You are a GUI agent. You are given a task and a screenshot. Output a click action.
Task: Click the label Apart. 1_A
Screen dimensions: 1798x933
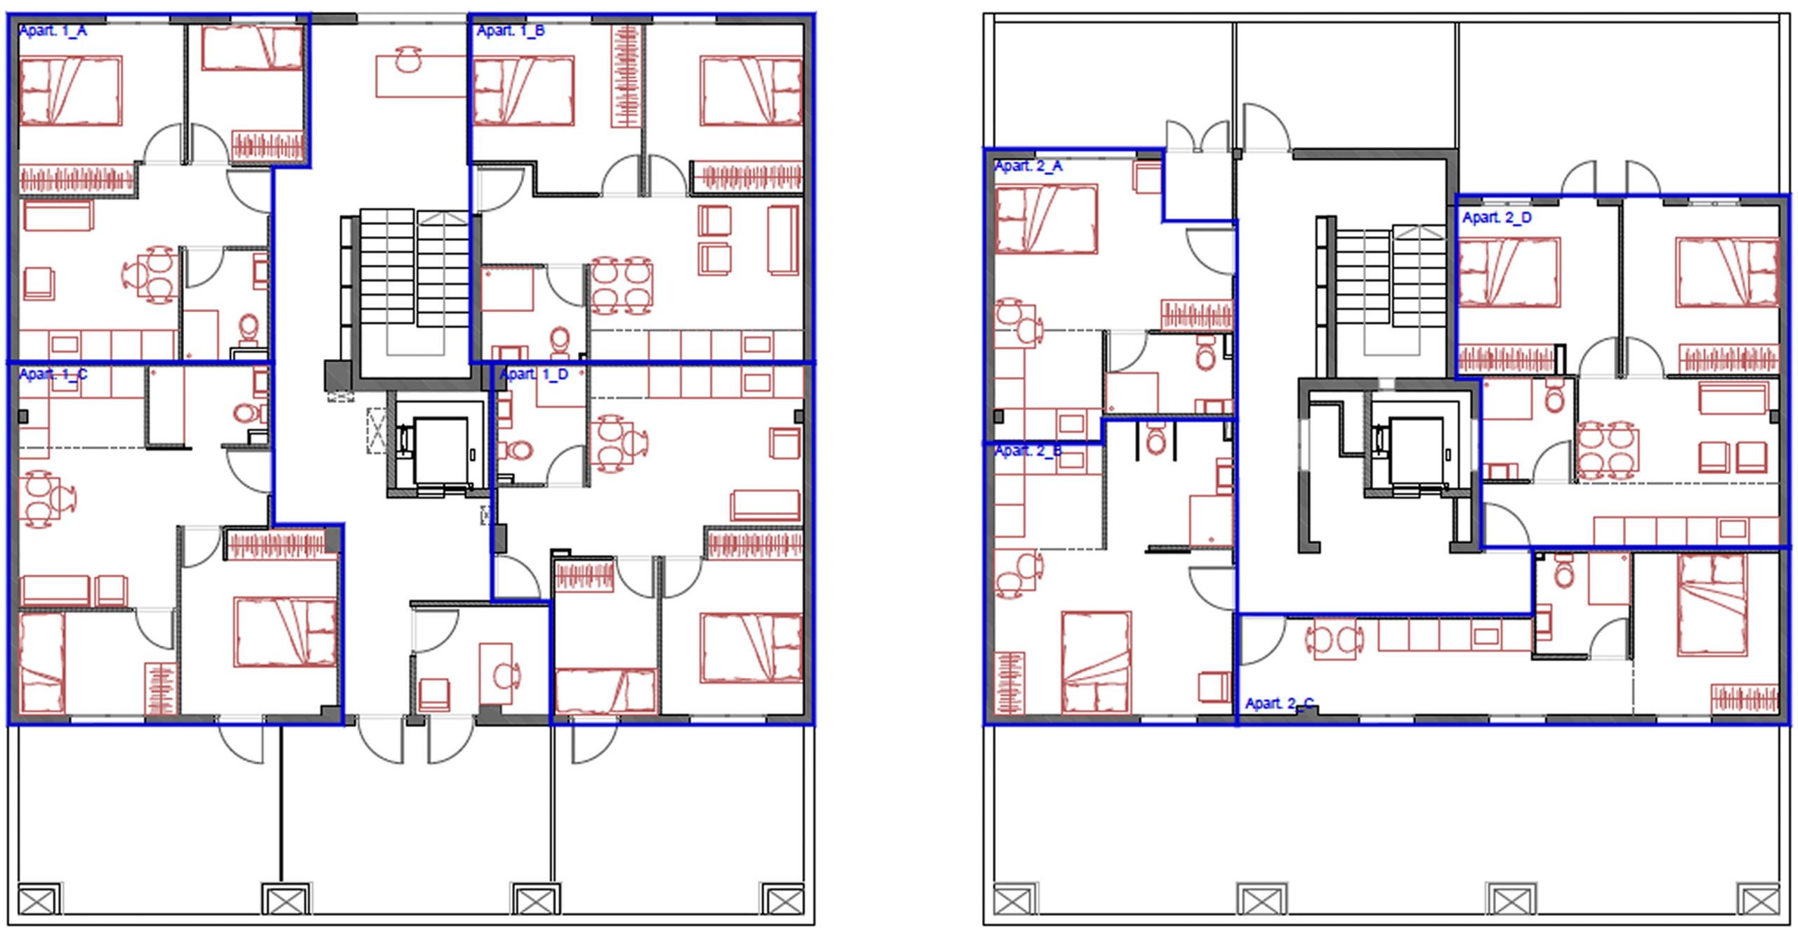click(53, 30)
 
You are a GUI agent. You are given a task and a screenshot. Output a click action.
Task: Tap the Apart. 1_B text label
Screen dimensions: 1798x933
click(511, 30)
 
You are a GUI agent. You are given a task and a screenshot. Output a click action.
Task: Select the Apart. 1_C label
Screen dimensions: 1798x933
click(53, 374)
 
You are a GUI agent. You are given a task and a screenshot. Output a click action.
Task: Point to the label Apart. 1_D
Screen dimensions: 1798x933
click(534, 374)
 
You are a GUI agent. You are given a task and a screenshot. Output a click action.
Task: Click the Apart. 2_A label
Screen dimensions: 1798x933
click(1029, 166)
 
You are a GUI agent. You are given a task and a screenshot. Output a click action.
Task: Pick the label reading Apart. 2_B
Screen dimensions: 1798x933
click(1029, 450)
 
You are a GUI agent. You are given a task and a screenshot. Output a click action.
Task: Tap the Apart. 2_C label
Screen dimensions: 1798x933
click(1280, 703)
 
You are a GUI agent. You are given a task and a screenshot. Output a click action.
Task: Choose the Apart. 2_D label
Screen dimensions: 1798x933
click(1497, 218)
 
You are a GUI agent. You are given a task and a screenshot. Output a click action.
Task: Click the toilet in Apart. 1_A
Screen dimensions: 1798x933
click(249, 328)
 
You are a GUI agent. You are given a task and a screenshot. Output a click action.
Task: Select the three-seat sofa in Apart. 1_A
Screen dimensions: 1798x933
click(58, 216)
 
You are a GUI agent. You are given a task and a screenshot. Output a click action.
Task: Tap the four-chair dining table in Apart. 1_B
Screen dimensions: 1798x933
click(622, 287)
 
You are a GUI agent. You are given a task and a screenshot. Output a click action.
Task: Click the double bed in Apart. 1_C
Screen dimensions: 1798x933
click(285, 632)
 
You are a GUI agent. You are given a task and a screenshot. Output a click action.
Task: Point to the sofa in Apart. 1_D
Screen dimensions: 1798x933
click(766, 505)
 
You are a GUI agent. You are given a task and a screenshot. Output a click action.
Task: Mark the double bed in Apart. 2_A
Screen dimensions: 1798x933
click(1046, 218)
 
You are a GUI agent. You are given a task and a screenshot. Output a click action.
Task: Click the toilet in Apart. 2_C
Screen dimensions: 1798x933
click(1564, 571)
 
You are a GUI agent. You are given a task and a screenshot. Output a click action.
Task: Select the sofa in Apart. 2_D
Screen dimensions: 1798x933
click(1733, 398)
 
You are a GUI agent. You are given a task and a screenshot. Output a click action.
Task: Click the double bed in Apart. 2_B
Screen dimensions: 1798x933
click(1096, 663)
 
